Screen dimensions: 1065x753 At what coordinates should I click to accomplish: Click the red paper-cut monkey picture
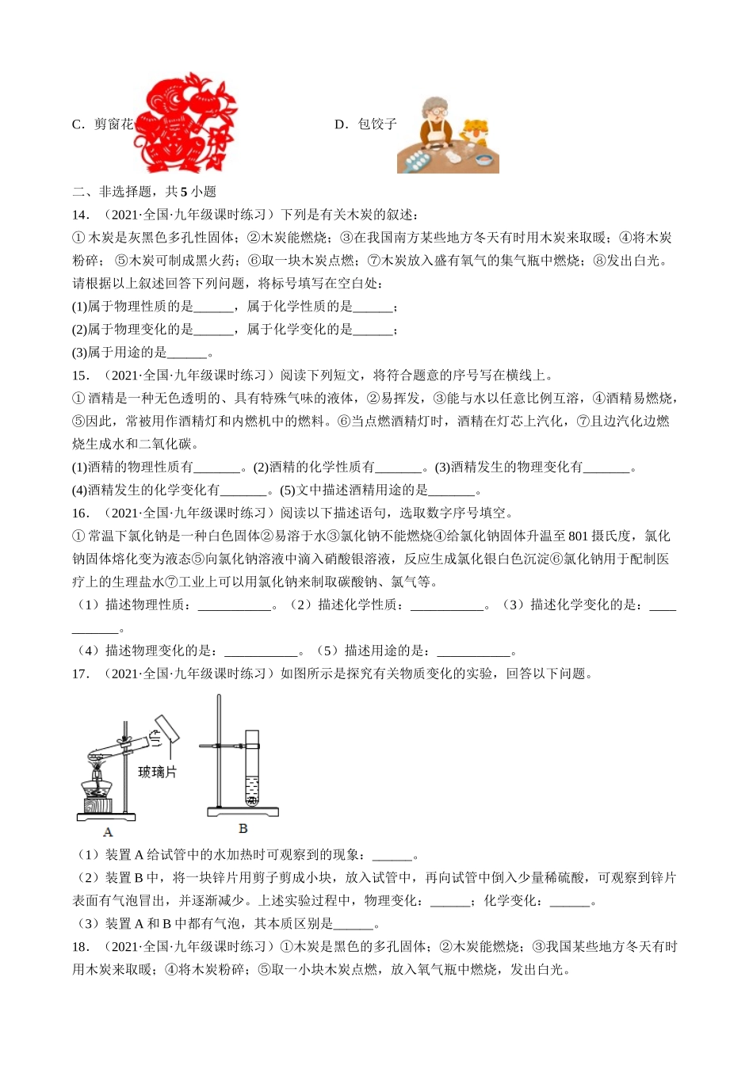(187, 124)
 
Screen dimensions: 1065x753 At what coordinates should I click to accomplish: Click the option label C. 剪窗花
(102, 124)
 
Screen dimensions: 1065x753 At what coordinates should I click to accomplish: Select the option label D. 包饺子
(365, 124)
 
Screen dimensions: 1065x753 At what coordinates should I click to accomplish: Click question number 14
(81, 215)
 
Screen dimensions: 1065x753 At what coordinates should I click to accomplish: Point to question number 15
(81, 376)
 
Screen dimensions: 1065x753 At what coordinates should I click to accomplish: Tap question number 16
(81, 513)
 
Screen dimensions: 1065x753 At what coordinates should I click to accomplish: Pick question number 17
(81, 674)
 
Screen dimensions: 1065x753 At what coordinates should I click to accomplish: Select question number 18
(81, 947)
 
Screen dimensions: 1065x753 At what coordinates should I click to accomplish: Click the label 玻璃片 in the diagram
(157, 772)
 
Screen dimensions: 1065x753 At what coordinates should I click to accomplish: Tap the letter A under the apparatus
(108, 832)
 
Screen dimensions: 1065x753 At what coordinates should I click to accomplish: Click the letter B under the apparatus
(243, 828)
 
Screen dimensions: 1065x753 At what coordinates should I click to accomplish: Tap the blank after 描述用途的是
(473, 652)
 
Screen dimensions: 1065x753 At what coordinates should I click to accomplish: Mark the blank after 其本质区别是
(354, 925)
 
